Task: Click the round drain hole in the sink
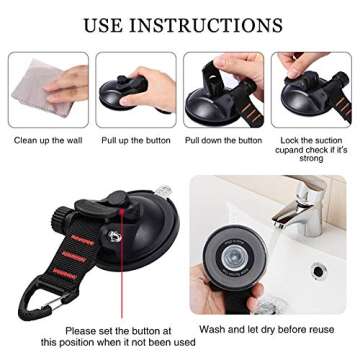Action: (319, 270)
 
